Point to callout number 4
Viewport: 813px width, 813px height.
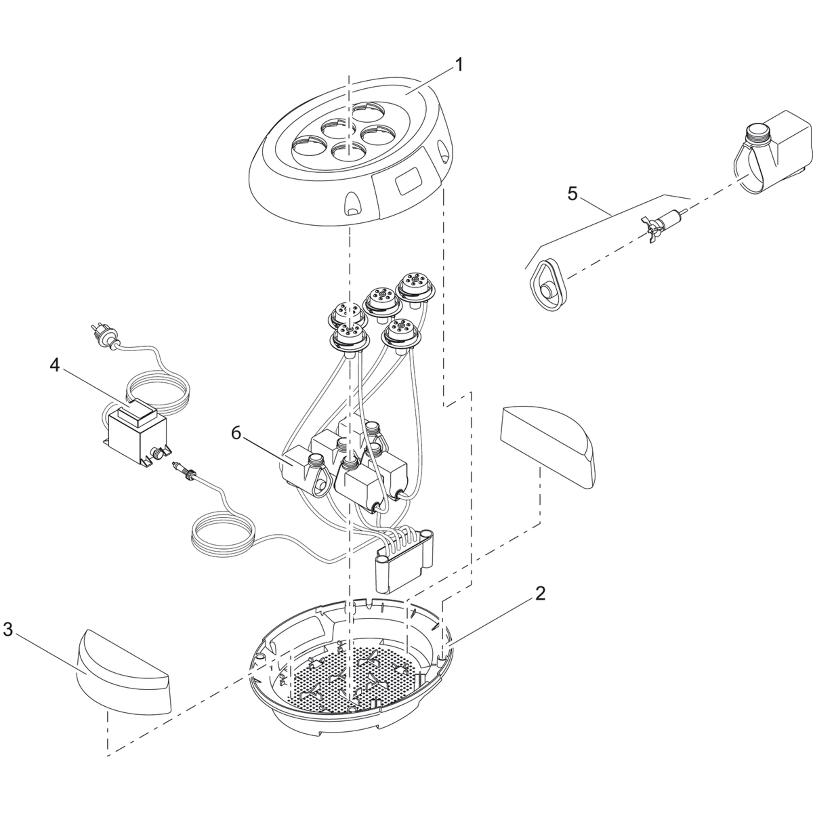click(55, 365)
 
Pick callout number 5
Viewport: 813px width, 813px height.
click(573, 194)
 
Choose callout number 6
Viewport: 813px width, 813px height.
click(236, 433)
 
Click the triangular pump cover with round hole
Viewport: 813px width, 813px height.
click(547, 285)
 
